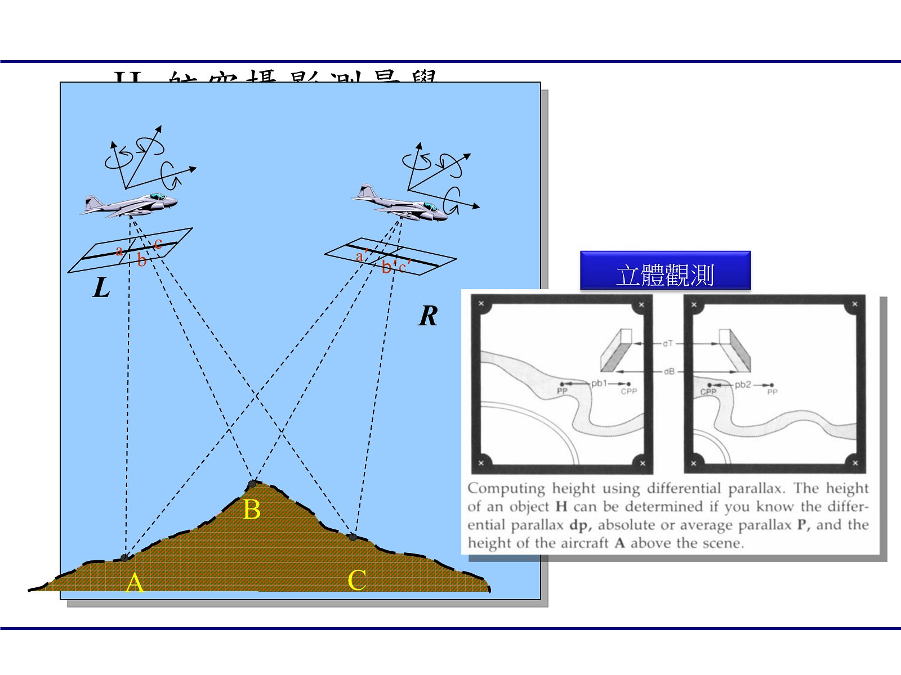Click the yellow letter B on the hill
coord(252,510)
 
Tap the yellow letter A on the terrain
coord(135,583)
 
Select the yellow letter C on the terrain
coord(357,580)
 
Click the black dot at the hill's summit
coord(252,484)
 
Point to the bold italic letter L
coord(101,288)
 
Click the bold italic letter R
coord(428,316)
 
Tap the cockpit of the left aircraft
coord(158,197)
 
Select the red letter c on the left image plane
coord(158,243)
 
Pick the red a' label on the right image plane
coord(361,256)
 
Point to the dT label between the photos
coord(667,343)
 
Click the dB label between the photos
coord(668,371)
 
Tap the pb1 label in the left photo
coord(599,384)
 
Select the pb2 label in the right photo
coord(743,385)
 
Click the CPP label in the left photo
coord(628,391)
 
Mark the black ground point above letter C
coord(353,537)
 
